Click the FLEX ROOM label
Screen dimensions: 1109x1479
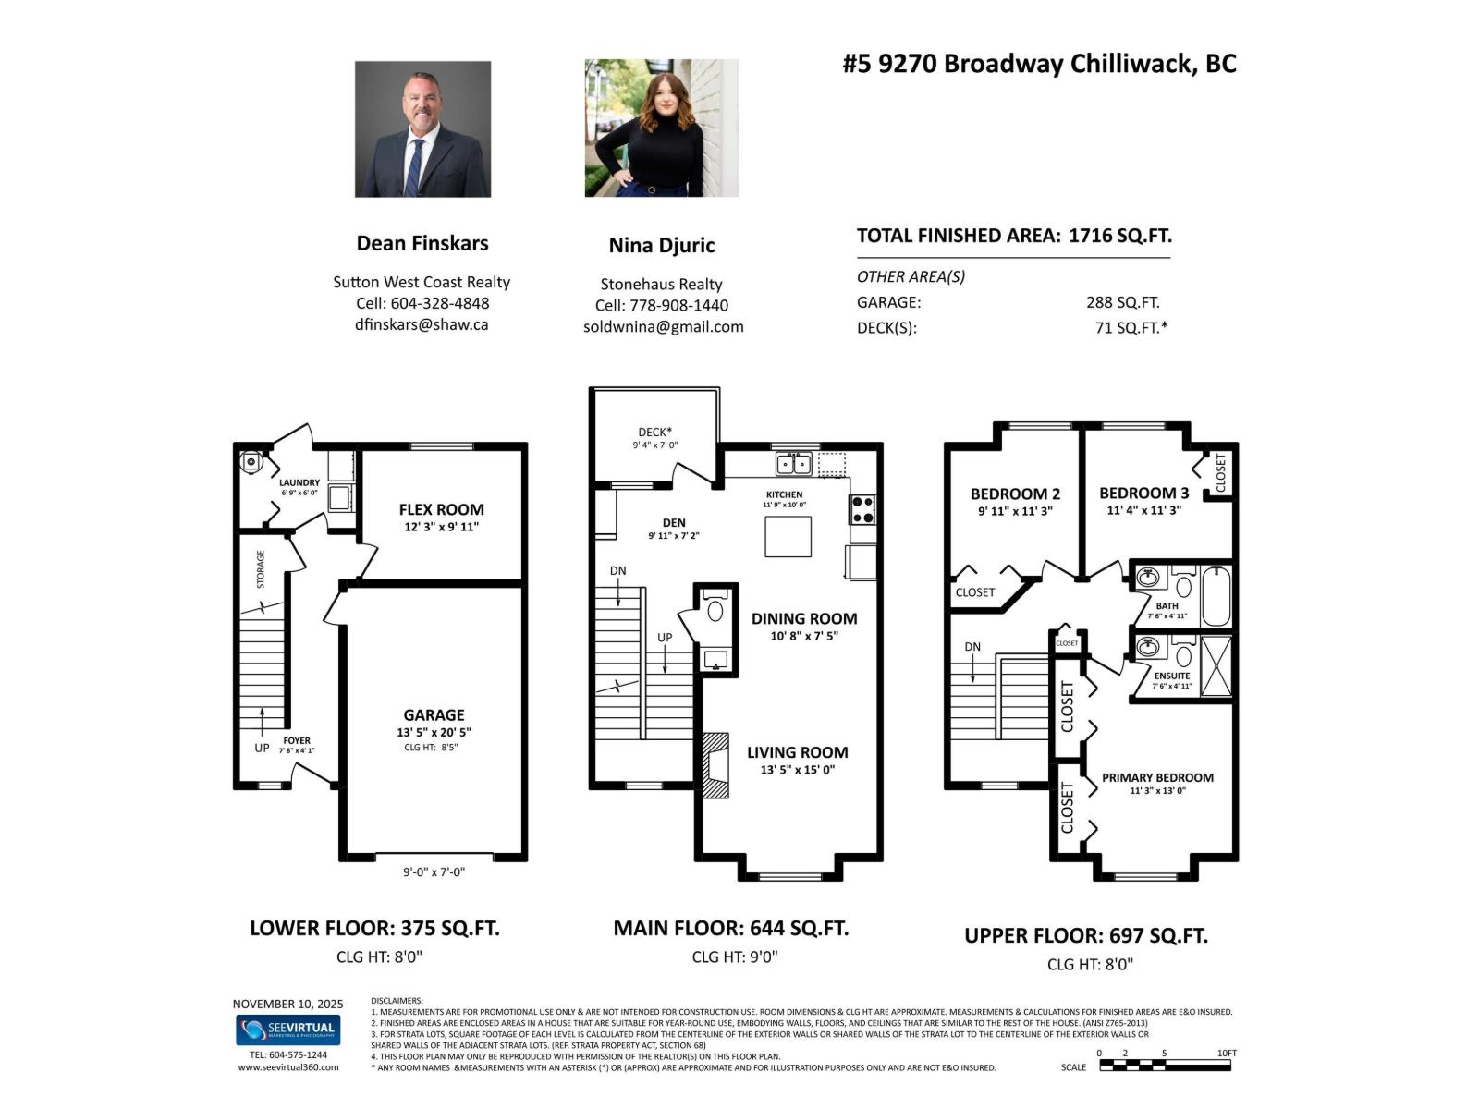point(441,509)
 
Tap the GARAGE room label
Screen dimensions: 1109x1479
point(434,714)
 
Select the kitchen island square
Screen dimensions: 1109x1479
point(788,537)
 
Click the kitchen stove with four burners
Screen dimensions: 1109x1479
point(862,508)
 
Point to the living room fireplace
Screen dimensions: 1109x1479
point(715,763)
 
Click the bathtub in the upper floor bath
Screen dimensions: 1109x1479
point(1215,596)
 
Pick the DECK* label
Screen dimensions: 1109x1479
point(654,432)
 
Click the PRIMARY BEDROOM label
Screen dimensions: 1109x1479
point(1157,777)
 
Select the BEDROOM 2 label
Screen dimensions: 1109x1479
point(1015,494)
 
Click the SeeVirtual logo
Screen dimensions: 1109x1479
point(287,1030)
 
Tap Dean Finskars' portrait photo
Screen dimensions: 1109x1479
point(422,129)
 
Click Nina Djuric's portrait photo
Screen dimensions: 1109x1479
point(661,128)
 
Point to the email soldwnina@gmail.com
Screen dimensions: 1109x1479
point(663,327)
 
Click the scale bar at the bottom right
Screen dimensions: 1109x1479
point(1165,1066)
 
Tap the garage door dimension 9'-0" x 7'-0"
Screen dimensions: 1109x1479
point(434,871)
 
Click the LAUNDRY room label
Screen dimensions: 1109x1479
point(299,482)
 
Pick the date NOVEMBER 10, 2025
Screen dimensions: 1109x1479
point(287,1004)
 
